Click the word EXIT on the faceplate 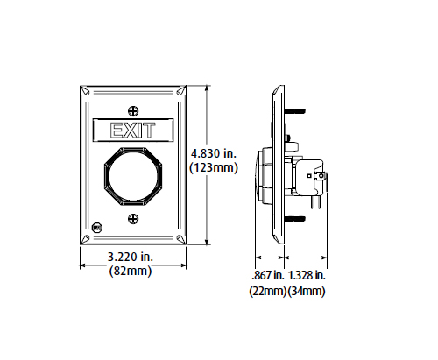tap(131, 131)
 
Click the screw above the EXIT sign tap(132, 111)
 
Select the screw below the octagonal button tap(132, 219)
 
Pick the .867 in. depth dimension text tap(267, 274)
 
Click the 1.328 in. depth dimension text tap(308, 274)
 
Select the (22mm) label tap(267, 290)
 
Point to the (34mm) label tap(307, 290)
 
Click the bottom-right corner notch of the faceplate tap(180, 240)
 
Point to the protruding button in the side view tap(260, 175)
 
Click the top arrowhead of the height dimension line tap(207, 88)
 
